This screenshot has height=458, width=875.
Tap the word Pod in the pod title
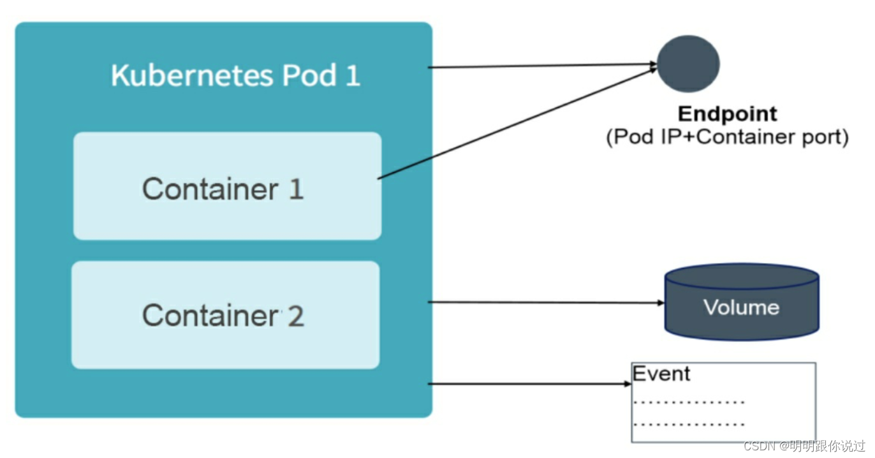click(309, 76)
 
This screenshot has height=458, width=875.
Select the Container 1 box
click(227, 186)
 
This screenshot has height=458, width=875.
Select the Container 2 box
click(225, 314)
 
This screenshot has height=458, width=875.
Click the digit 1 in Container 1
click(295, 189)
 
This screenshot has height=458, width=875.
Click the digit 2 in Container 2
click(295, 316)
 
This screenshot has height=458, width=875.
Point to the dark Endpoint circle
click(688, 64)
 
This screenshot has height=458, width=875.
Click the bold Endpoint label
click(727, 114)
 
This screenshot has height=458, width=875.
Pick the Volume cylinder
click(741, 302)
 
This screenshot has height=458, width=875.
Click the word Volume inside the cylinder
click(741, 307)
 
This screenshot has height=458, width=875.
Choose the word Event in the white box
click(661, 374)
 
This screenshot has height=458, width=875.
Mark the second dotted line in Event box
click(689, 424)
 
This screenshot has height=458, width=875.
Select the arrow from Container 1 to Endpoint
click(517, 124)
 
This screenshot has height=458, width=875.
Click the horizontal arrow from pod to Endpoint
click(542, 66)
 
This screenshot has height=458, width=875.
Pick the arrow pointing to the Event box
click(529, 384)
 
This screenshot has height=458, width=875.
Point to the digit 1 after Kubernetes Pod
click(352, 76)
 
